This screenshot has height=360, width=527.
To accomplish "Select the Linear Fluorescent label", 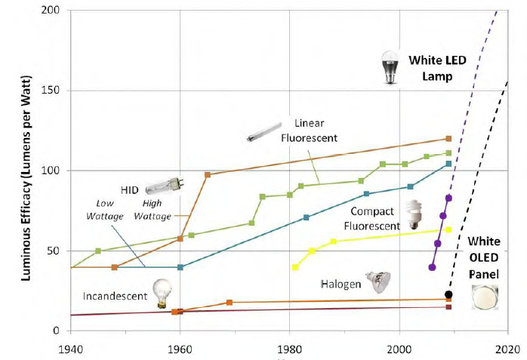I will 309,130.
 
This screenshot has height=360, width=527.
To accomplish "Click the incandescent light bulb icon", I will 162,293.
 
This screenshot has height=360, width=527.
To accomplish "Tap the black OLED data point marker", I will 448,294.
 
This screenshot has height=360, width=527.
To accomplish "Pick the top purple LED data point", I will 448,198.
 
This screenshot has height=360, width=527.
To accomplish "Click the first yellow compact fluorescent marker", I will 295,267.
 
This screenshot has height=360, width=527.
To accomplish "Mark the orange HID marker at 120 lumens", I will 448,139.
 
